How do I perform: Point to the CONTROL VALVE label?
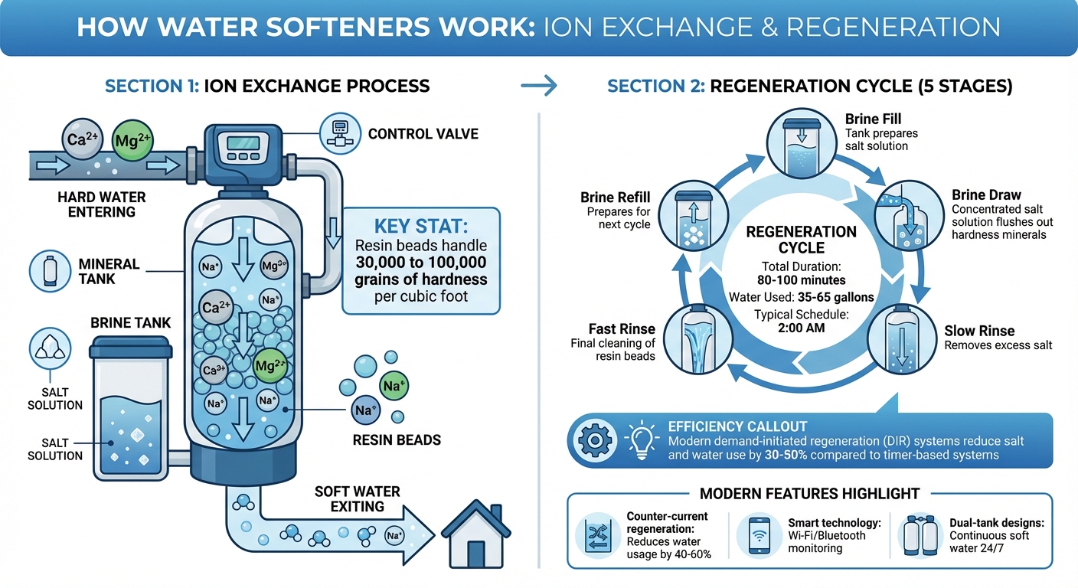(423, 134)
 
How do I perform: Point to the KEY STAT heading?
(420, 228)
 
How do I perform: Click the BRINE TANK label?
(130, 323)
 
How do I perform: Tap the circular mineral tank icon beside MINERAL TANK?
(51, 271)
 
